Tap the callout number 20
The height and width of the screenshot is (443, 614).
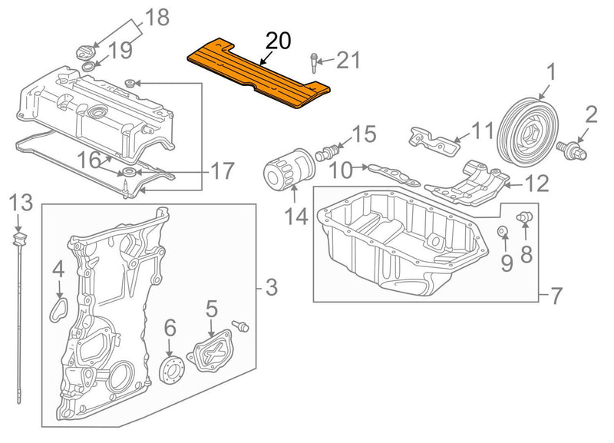[x=278, y=41]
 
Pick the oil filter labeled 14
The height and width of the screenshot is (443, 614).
[x=289, y=174]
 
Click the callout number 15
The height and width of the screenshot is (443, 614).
[x=364, y=134]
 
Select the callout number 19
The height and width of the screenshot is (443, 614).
[x=119, y=51]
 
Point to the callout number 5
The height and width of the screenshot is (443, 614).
[x=211, y=310]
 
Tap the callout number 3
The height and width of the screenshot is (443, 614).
[x=271, y=289]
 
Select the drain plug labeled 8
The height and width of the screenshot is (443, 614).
[x=525, y=219]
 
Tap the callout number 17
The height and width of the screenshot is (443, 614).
[x=222, y=170]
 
